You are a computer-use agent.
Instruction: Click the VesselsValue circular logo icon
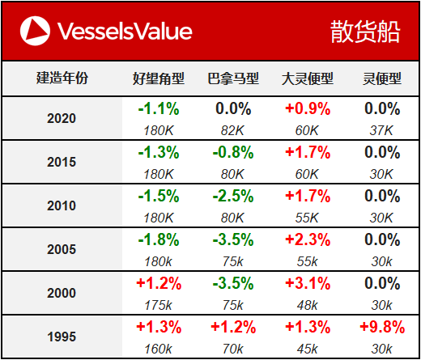click(x=35, y=31)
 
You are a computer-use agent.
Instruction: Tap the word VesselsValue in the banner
click(x=125, y=32)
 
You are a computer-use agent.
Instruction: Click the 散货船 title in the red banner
click(x=365, y=32)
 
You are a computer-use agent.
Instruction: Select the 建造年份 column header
click(x=62, y=78)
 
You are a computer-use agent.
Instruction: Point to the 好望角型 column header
click(x=159, y=78)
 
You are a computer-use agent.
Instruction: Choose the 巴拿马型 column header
click(x=233, y=78)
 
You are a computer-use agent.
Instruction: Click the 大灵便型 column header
click(x=308, y=78)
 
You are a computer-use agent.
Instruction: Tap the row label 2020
click(x=62, y=118)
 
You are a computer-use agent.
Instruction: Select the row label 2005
click(x=62, y=249)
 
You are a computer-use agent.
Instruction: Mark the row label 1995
click(x=62, y=337)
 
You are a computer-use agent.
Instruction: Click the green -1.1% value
click(x=159, y=109)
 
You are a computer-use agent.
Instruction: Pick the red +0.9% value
click(x=308, y=109)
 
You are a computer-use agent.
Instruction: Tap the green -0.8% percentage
click(x=233, y=153)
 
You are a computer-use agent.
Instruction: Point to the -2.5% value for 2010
click(x=233, y=197)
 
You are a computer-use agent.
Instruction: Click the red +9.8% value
click(x=382, y=328)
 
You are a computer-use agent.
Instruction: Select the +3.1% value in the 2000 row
click(x=308, y=284)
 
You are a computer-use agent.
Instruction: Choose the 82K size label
click(x=232, y=131)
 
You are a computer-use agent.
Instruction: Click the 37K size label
click(x=381, y=131)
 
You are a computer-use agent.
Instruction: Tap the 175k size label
click(x=158, y=306)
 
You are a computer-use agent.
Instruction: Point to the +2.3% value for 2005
click(x=308, y=240)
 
